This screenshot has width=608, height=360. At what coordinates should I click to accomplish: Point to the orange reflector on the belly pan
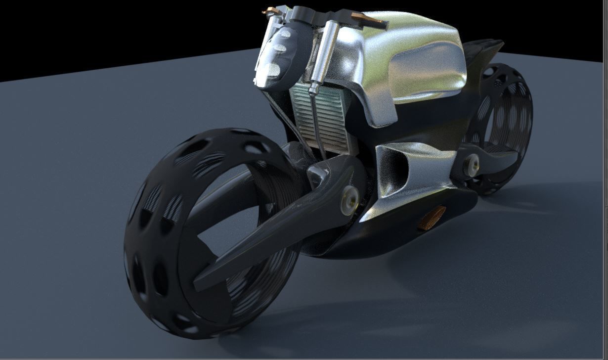[432, 218]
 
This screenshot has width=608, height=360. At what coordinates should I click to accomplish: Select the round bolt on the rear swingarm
[472, 161]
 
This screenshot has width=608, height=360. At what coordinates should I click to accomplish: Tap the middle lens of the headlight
[279, 49]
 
